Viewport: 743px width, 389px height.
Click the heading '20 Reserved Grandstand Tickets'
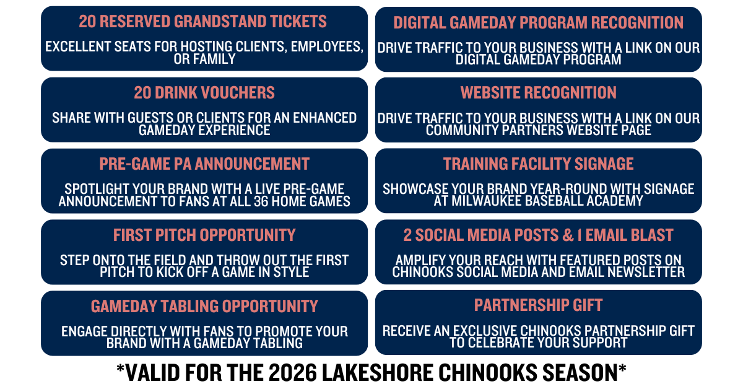coord(202,22)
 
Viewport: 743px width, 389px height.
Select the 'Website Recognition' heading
coord(538,92)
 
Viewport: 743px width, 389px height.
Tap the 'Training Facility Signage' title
coord(538,164)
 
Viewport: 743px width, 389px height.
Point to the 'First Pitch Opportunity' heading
coord(204,235)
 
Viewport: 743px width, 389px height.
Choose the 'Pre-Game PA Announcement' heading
coord(204,164)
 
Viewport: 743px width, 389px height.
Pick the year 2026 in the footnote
coord(292,372)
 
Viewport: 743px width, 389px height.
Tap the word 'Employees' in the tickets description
coord(327,47)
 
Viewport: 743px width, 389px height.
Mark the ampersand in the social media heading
coord(568,235)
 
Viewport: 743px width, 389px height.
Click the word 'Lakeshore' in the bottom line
coord(378,372)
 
